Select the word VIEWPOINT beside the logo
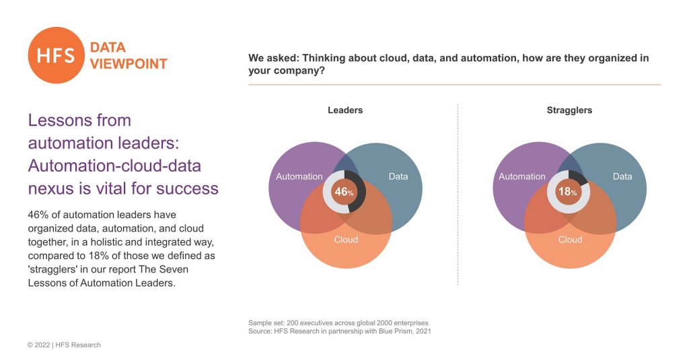click(x=129, y=64)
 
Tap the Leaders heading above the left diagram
click(x=345, y=110)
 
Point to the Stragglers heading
click(x=569, y=110)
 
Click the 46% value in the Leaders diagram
click(x=344, y=192)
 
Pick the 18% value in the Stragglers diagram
click(x=568, y=192)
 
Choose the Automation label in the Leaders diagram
click(x=299, y=176)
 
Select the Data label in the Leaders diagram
click(x=398, y=176)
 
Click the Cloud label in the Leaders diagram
click(x=346, y=240)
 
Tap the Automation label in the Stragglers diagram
click(x=522, y=176)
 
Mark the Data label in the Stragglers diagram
click(x=622, y=176)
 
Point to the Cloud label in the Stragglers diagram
click(x=570, y=240)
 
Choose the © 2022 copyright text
click(x=41, y=345)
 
